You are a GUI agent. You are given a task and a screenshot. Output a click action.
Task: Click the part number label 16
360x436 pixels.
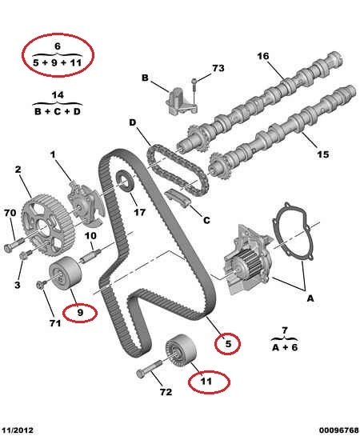tap(263, 56)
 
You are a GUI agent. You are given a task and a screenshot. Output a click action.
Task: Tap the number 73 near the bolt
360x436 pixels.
tap(218, 68)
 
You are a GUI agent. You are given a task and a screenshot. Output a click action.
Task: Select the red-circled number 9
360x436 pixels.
tap(80, 313)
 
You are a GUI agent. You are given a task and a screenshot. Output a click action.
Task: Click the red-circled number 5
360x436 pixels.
tap(228, 344)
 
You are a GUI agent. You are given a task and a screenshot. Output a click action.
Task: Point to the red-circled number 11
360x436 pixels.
tap(206, 382)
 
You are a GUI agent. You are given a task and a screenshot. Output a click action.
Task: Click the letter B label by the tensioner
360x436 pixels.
tap(145, 78)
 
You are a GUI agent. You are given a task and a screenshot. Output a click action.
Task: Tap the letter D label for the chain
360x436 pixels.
tap(133, 122)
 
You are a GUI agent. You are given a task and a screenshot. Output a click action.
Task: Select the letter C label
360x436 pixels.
tap(206, 220)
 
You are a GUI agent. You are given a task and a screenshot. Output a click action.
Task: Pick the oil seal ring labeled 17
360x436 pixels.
tap(126, 182)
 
